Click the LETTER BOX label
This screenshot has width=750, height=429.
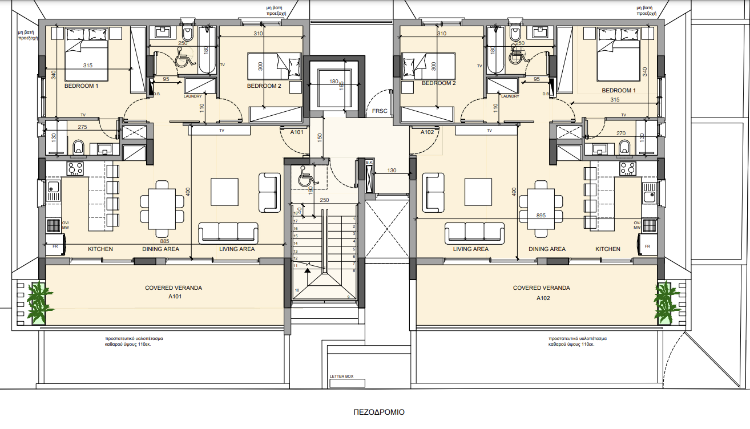pyautogui.click(x=342, y=377)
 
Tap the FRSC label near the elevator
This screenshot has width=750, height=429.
pyautogui.click(x=380, y=111)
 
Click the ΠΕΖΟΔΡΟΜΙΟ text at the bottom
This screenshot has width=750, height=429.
pyautogui.click(x=379, y=412)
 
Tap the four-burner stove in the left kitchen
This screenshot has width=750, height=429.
pyautogui.click(x=75, y=168)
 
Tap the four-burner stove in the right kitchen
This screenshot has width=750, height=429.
pyautogui.click(x=628, y=168)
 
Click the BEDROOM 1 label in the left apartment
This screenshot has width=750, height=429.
pyautogui.click(x=81, y=86)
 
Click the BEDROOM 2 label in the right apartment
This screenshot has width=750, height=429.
pyautogui.click(x=438, y=83)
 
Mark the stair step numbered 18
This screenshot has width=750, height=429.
pyautogui.click(x=296, y=213)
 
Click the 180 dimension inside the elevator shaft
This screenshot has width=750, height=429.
pyautogui.click(x=334, y=82)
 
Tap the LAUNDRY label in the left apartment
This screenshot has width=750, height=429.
pyautogui.click(x=193, y=96)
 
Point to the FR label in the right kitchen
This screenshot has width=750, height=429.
pyautogui.click(x=647, y=246)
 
